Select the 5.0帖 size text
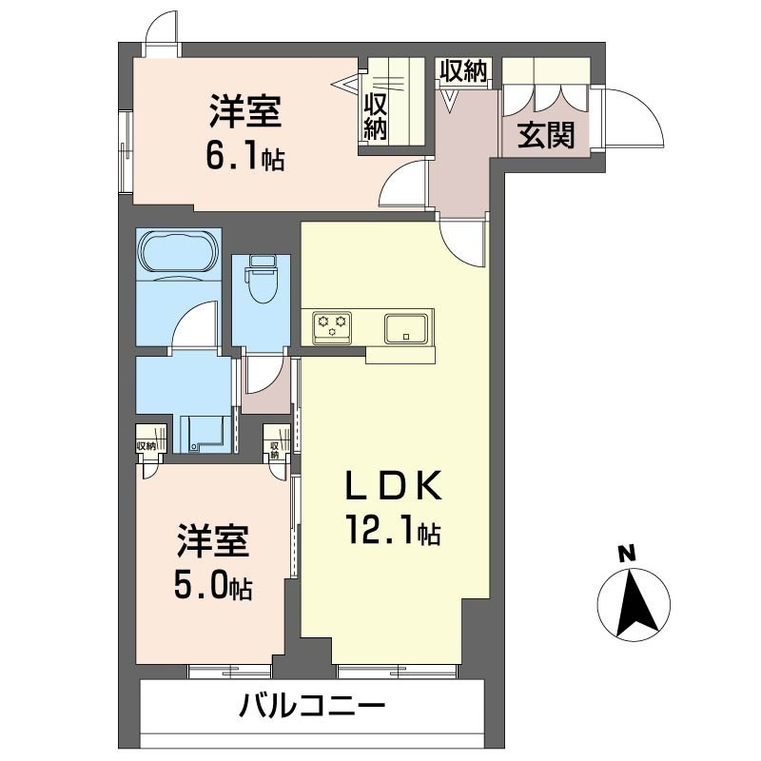[212, 587]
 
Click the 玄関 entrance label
[546, 136]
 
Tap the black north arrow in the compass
[632, 603]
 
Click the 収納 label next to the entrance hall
[463, 70]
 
